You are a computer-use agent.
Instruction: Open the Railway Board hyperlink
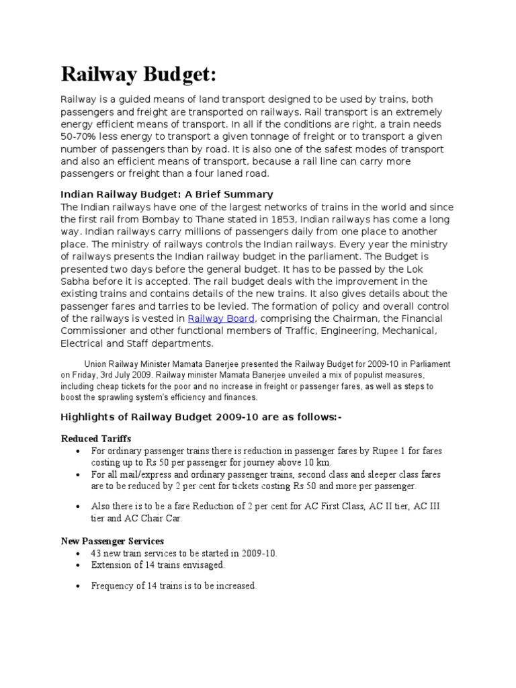220,318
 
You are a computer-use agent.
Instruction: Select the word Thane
216,220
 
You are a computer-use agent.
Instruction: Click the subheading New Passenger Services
112,541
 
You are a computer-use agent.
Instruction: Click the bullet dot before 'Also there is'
79,506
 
